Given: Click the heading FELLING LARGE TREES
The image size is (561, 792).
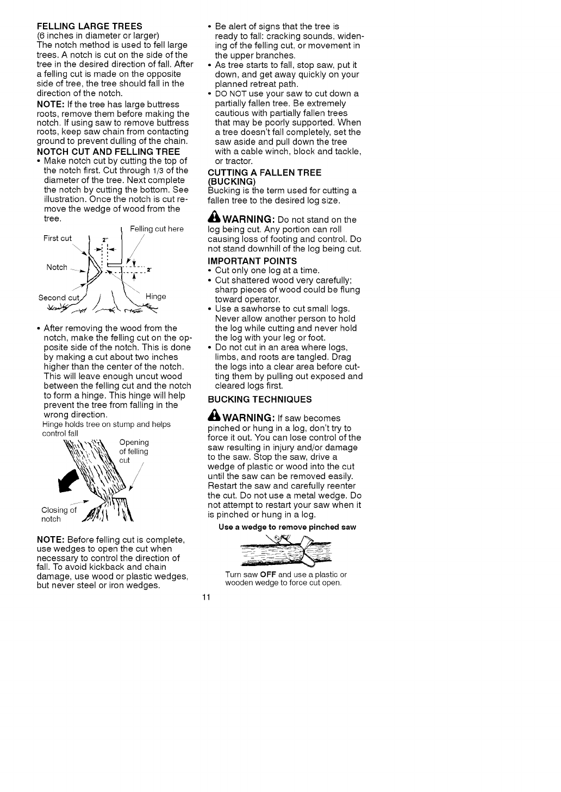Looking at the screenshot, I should (x=89, y=26).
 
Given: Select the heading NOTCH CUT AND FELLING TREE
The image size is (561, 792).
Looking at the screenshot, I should (x=108, y=151).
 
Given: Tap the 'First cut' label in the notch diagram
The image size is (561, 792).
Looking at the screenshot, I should (x=57, y=238).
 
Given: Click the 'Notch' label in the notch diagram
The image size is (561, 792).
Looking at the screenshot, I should (x=57, y=267).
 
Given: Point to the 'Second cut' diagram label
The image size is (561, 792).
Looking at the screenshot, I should (x=59, y=298).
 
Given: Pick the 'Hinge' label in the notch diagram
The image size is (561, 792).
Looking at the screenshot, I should (x=155, y=297).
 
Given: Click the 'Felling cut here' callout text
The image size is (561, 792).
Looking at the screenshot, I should (x=157, y=229).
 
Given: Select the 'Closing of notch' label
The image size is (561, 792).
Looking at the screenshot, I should (x=59, y=514).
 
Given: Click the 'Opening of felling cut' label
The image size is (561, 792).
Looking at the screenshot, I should (x=134, y=451).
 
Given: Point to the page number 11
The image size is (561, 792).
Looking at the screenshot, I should (x=206, y=598).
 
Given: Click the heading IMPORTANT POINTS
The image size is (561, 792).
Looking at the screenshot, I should (x=252, y=261).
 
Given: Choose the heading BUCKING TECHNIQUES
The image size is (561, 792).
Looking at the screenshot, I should (x=260, y=399).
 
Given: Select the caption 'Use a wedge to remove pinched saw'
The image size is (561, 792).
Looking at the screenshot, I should (x=287, y=527).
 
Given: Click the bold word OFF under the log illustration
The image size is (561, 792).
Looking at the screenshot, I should (x=269, y=574).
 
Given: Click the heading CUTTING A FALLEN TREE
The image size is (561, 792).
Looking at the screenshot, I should (x=265, y=173).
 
